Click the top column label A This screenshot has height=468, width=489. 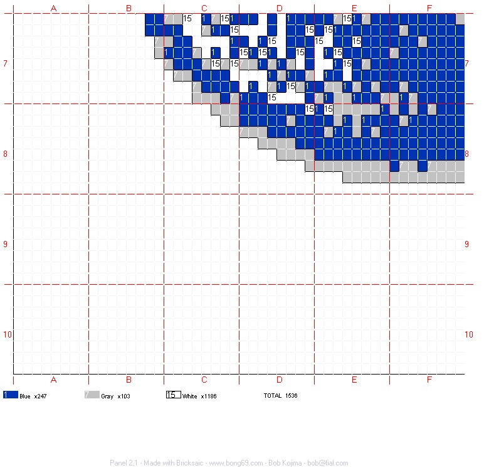pos(53,8)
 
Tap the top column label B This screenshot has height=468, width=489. pos(129,8)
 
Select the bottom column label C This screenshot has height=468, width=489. pos(204,380)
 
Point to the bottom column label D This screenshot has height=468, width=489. pos(279,380)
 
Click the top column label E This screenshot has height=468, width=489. pos(354,8)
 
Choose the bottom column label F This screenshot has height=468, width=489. pos(429,380)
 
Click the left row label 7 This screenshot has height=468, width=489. pos(5,63)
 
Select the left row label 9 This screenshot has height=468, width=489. pos(5,244)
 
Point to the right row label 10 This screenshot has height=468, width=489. pos(468,334)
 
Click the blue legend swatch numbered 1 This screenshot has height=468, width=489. pos(10,395)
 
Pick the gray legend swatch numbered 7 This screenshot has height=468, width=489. pos(92,395)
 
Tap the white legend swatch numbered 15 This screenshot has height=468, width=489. pos(173,395)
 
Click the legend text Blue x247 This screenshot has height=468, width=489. pos(34,396)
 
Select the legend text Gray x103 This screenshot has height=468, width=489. pos(115,396)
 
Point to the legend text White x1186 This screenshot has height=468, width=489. pos(199,396)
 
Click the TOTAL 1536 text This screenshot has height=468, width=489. pos(280,396)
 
